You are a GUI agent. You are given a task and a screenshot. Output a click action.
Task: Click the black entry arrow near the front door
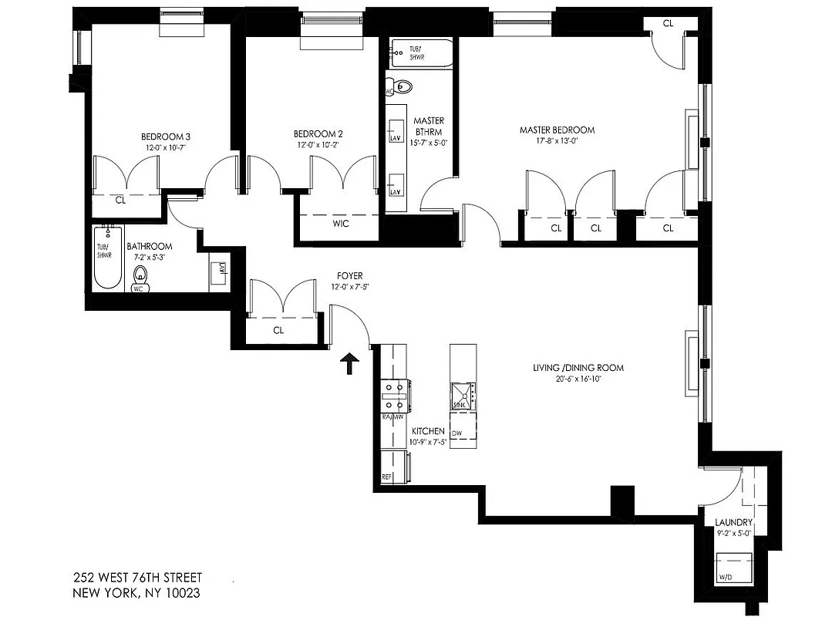(350, 363)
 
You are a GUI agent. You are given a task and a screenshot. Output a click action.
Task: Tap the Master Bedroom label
(557, 130)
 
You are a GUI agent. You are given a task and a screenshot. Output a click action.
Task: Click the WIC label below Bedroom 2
(341, 224)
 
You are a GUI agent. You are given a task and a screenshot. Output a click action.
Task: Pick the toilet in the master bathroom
(402, 86)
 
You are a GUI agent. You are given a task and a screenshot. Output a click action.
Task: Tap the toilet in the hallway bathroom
(140, 275)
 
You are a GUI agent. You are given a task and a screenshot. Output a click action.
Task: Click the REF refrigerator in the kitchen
(388, 477)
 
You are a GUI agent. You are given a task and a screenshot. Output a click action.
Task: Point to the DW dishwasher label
(456, 433)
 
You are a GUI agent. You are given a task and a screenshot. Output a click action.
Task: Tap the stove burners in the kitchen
(395, 396)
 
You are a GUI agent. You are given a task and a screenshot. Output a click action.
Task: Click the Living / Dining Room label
(578, 368)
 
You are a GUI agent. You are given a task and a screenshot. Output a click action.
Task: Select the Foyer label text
(349, 275)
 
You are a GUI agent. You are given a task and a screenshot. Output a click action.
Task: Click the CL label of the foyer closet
(279, 329)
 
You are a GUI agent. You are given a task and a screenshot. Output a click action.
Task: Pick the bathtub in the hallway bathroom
(108, 258)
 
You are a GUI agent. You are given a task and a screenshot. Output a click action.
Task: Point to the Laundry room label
(733, 523)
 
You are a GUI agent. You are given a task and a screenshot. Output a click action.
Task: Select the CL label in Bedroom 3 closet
(120, 199)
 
